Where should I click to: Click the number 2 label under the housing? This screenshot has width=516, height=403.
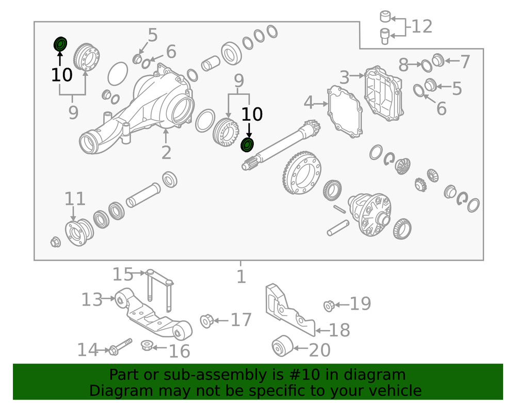pyautogui.click(x=166, y=152)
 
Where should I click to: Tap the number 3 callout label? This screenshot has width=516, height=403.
pyautogui.click(x=344, y=77)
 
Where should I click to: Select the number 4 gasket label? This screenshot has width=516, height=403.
pyautogui.click(x=309, y=103)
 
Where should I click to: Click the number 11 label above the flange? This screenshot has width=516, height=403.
pyautogui.click(x=75, y=199)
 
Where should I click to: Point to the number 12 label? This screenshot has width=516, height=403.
pyautogui.click(x=422, y=26)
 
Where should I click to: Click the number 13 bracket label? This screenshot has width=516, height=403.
pyautogui.click(x=92, y=300)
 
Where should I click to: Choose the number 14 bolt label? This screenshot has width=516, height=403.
pyautogui.click(x=88, y=350)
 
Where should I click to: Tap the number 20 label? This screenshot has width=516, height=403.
pyautogui.click(x=319, y=350)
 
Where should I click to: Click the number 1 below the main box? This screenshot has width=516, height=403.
pyautogui.click(x=241, y=276)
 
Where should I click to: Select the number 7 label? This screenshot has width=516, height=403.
pyautogui.click(x=465, y=61)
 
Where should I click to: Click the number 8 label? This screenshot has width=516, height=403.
pyautogui.click(x=404, y=65)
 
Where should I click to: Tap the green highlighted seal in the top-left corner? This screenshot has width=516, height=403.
pyautogui.click(x=60, y=44)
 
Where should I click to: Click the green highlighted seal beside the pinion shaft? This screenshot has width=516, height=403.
pyautogui.click(x=247, y=145)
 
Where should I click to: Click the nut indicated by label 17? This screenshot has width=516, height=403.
pyautogui.click(x=207, y=321)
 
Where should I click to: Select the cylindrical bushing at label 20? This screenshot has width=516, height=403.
pyautogui.click(x=282, y=346)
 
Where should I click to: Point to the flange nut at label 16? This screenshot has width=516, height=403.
pyautogui.click(x=147, y=345)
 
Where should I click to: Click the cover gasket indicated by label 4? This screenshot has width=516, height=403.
pyautogui.click(x=345, y=112)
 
